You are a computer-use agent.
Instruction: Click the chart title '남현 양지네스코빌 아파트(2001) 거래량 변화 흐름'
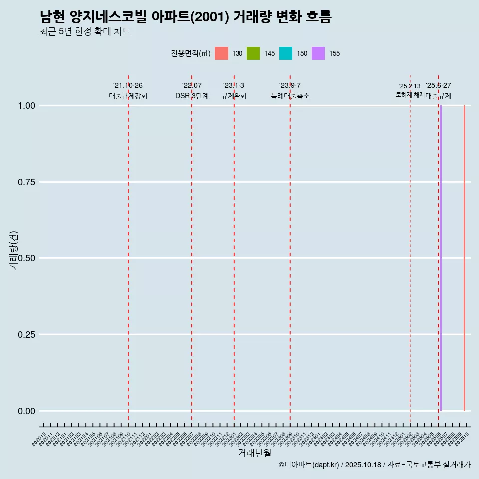coord(186,17)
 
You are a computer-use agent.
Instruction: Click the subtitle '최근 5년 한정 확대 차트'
coord(85,32)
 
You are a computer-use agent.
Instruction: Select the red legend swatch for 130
coord(221,53)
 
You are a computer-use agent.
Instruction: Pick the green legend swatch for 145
coord(253,53)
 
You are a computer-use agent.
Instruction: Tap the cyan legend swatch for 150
coord(286,53)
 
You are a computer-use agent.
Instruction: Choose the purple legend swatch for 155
coord(318,53)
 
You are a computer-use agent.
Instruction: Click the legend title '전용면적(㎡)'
coord(189,53)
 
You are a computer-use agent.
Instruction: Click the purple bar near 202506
coord(441,258)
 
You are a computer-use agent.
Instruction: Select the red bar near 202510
coord(464,258)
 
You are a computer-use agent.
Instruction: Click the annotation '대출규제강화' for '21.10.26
coord(128,96)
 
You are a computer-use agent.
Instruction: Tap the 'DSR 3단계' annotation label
coord(192,96)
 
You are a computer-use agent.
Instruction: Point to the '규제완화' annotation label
coord(234,96)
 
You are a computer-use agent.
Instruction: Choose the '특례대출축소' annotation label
coord(290,96)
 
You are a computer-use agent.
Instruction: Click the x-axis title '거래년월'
coord(254,453)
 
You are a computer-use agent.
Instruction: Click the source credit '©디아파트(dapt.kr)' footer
coord(309,465)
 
